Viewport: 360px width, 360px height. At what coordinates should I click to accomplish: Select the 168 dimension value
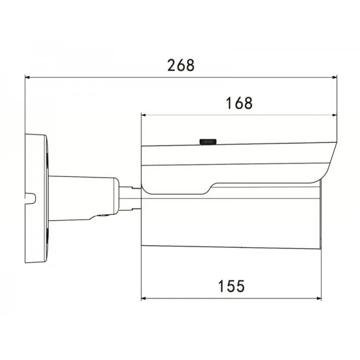238,103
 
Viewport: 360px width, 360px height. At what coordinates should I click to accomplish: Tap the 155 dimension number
231,286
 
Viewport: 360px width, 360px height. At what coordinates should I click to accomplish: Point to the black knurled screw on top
208,142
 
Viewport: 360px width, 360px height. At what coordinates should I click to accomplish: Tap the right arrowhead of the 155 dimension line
319,298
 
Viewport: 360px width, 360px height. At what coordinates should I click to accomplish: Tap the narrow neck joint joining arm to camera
130,199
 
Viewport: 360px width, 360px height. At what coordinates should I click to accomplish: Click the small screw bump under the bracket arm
102,218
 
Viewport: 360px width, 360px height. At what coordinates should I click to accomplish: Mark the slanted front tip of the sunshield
329,162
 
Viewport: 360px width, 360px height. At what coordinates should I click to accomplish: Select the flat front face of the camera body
321,216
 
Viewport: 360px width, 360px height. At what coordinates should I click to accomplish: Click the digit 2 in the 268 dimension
170,65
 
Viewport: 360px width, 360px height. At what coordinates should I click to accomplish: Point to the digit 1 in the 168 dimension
229,103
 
